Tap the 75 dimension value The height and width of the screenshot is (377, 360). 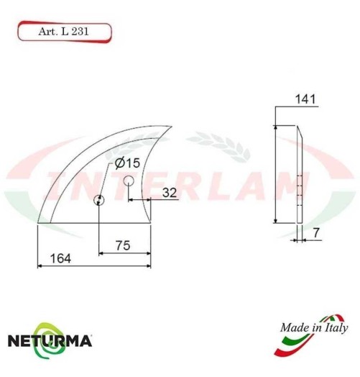123,245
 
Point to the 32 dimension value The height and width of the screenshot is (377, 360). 170,192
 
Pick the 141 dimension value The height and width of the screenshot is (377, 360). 305,99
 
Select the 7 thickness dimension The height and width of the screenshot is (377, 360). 317,233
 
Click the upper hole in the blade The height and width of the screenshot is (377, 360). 128,181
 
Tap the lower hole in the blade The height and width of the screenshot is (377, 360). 98,202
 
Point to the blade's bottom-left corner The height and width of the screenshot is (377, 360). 37,222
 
